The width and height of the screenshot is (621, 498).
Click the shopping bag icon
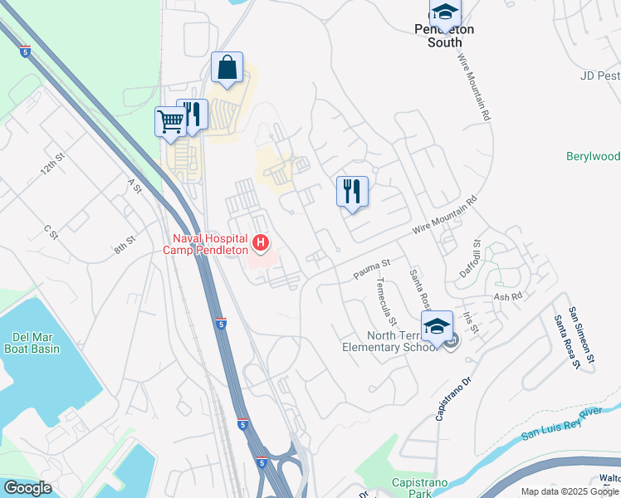click(227, 68)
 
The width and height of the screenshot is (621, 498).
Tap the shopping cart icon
click(170, 121)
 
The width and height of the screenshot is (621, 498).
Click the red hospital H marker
click(262, 242)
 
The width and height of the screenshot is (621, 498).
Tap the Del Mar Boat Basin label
click(33, 344)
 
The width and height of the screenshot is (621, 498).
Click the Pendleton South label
click(444, 35)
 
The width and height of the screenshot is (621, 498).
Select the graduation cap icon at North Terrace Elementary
click(438, 327)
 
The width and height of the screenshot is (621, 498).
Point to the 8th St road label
click(125, 247)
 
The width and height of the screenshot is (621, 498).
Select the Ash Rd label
click(508, 296)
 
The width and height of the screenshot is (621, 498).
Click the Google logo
click(27, 488)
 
